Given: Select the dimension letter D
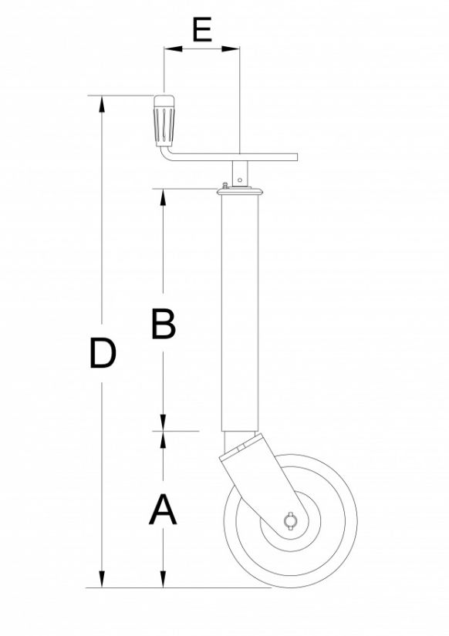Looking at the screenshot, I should (102, 354).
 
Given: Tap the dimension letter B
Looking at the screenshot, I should (163, 325).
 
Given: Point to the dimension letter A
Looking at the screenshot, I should (163, 510).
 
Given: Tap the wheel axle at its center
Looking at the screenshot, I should (292, 520).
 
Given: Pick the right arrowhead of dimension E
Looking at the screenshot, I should (234, 49).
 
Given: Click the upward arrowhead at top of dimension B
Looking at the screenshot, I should (163, 195).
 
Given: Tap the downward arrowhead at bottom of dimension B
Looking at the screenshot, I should (163, 424).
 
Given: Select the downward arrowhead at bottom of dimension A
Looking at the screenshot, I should (163, 580).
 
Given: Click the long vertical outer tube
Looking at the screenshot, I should (240, 308).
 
